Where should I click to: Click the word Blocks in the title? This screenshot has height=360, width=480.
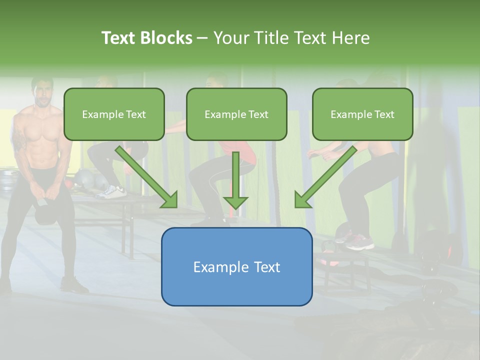[166, 38]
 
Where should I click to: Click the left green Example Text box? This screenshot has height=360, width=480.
[114, 114]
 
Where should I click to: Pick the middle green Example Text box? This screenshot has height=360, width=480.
[236, 114]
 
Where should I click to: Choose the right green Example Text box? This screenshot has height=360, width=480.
[362, 114]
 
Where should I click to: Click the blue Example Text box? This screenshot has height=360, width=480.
[236, 266]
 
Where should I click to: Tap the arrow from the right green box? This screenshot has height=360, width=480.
[325, 177]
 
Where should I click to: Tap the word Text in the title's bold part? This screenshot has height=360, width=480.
[118, 38]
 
